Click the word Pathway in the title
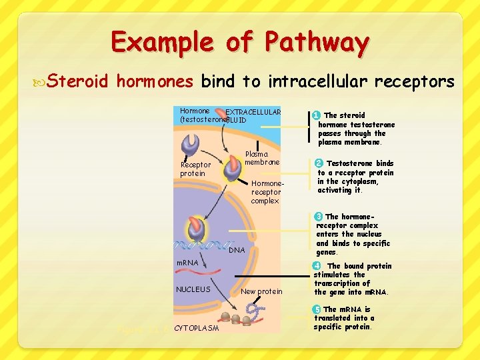pos(317,43)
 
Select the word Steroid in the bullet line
pos(79,82)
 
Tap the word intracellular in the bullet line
pos(317,82)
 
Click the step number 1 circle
pos(317,115)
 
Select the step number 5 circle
pos(317,309)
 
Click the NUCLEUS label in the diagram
pos(193,289)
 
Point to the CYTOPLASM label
pos(196,328)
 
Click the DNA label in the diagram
pos(237,250)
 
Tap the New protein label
pos(261,291)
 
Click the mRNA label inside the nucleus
pos(187,263)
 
